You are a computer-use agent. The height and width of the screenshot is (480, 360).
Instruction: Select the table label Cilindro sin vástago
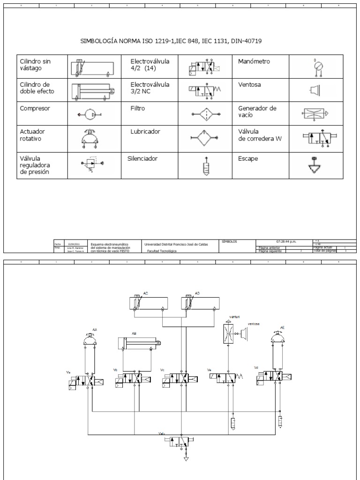(35, 65)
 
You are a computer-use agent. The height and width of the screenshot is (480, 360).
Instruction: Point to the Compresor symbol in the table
(90, 114)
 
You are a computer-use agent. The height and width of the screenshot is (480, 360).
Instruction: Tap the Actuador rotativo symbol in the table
(90, 138)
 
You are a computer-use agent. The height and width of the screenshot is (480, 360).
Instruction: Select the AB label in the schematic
(134, 334)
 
